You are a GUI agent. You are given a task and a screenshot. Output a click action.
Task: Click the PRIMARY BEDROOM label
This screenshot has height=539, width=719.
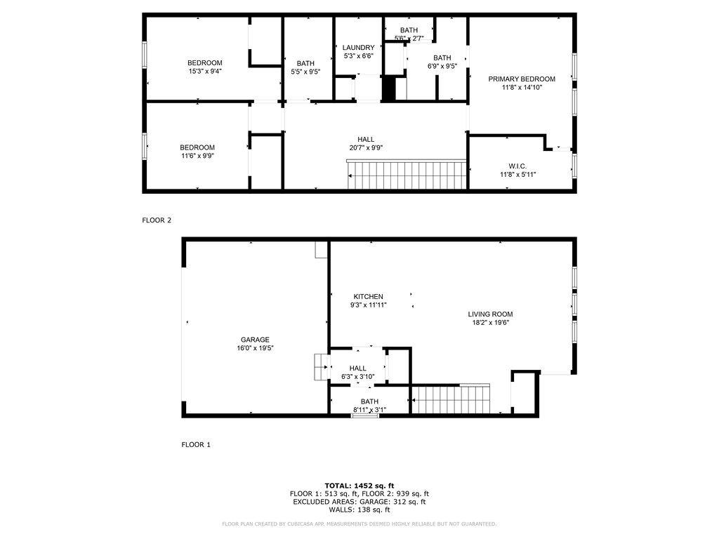(x=522, y=79)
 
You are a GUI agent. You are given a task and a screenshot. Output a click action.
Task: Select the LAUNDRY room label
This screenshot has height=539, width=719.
(x=358, y=48)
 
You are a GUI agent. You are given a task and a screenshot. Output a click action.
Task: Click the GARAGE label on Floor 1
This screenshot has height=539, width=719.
(x=256, y=340)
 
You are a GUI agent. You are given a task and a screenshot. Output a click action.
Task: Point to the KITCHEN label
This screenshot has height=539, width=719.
(x=368, y=297)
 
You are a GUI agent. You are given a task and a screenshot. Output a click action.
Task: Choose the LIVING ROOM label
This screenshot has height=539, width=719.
(x=490, y=314)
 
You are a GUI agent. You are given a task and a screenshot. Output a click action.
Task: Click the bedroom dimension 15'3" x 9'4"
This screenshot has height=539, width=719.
(x=204, y=71)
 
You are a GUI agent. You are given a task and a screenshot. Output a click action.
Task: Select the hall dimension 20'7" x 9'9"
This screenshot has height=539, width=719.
(x=365, y=147)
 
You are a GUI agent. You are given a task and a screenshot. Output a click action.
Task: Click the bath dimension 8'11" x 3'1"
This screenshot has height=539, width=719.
(x=369, y=409)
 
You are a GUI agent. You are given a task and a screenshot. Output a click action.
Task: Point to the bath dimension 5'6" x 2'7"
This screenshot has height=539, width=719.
(x=409, y=38)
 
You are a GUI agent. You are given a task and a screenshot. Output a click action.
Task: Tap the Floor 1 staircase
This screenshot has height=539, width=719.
(x=449, y=399)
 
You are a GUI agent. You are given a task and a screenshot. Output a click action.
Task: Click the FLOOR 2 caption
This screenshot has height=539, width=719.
(x=157, y=220)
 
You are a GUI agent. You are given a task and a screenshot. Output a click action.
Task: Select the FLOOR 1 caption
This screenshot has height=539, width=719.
(x=196, y=445)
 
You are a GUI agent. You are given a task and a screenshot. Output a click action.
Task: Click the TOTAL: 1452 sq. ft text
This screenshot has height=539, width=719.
(x=359, y=486)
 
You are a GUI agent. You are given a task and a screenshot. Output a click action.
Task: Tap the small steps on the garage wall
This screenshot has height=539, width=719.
(x=321, y=366)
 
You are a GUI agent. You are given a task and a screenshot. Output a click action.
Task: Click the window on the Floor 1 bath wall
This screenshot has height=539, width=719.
(x=364, y=415)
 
